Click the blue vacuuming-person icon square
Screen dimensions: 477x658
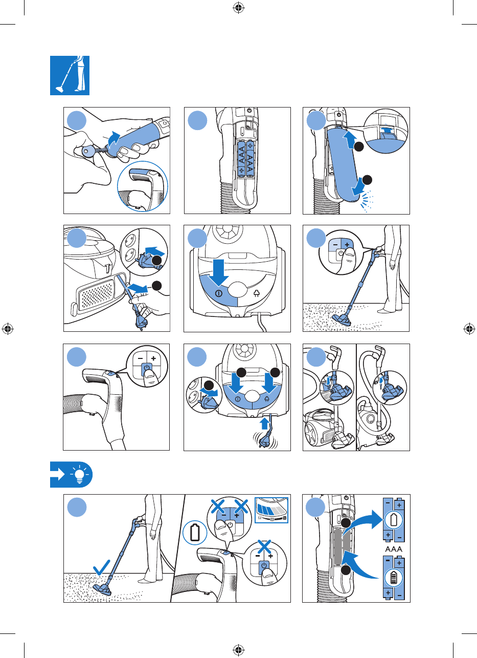[70, 75]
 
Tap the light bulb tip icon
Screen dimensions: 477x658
[79, 475]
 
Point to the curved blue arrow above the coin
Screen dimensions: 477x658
[113, 140]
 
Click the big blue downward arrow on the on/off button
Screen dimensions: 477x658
[218, 272]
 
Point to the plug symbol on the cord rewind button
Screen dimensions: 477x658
[257, 293]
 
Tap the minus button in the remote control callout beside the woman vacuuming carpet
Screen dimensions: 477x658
[335, 245]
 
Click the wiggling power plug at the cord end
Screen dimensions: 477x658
[265, 440]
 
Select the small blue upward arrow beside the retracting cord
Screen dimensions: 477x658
[265, 424]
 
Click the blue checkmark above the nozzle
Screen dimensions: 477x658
[101, 567]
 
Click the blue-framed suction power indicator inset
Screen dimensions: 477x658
[271, 510]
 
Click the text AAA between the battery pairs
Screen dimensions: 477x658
[393, 549]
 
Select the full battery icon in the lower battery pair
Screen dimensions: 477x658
[393, 577]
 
